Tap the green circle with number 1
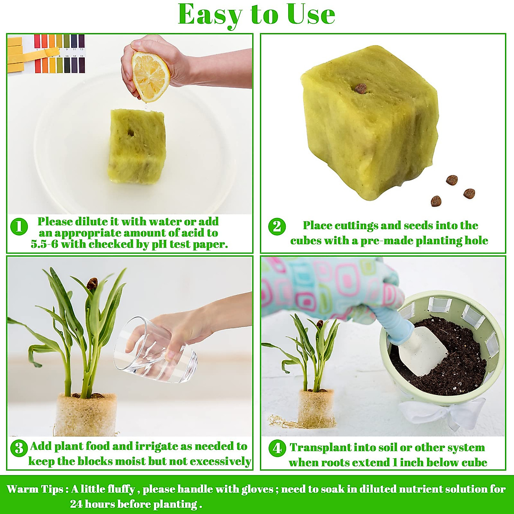[19, 227]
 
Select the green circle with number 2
[277, 226]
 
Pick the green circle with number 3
[19, 448]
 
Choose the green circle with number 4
[277, 448]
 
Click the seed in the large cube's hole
[361, 88]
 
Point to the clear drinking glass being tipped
[156, 351]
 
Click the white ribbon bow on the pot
[441, 413]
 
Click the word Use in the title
[311, 15]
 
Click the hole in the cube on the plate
[130, 133]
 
